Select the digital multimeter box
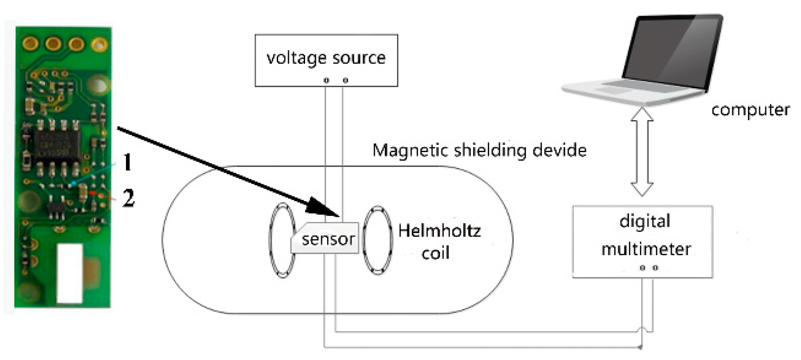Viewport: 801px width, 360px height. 642,242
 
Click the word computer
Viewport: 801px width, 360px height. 750,110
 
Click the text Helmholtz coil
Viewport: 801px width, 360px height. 439,242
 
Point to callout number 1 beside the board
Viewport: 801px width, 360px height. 127,162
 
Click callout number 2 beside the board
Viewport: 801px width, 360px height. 129,198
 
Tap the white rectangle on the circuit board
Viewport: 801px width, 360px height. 70,273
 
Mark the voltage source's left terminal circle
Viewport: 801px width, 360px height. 326,81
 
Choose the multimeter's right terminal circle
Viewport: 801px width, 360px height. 656,268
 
